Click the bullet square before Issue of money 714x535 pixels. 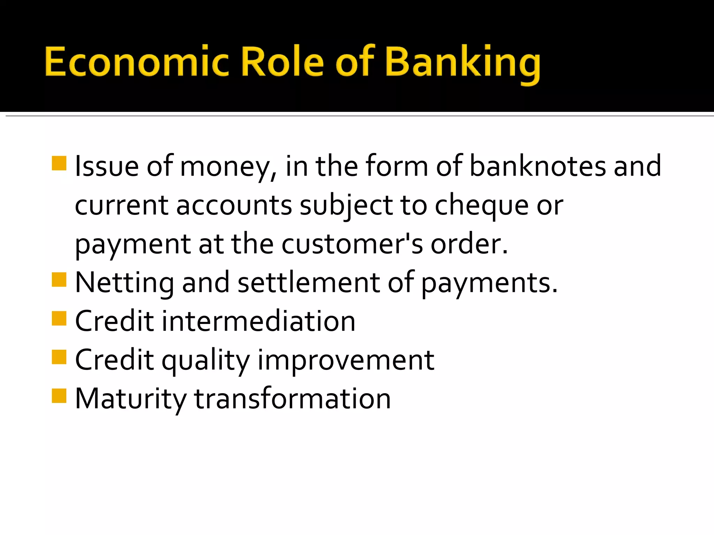point(59,163)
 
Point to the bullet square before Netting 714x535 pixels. point(59,279)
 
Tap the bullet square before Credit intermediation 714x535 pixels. point(59,318)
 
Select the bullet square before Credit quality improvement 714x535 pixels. point(59,357)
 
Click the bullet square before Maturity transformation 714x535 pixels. point(59,396)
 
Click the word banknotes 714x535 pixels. point(537,166)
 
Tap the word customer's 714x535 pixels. point(352,244)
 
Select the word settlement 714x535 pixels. point(309,283)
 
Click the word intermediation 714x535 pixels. point(258,321)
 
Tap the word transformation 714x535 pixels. point(292,399)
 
